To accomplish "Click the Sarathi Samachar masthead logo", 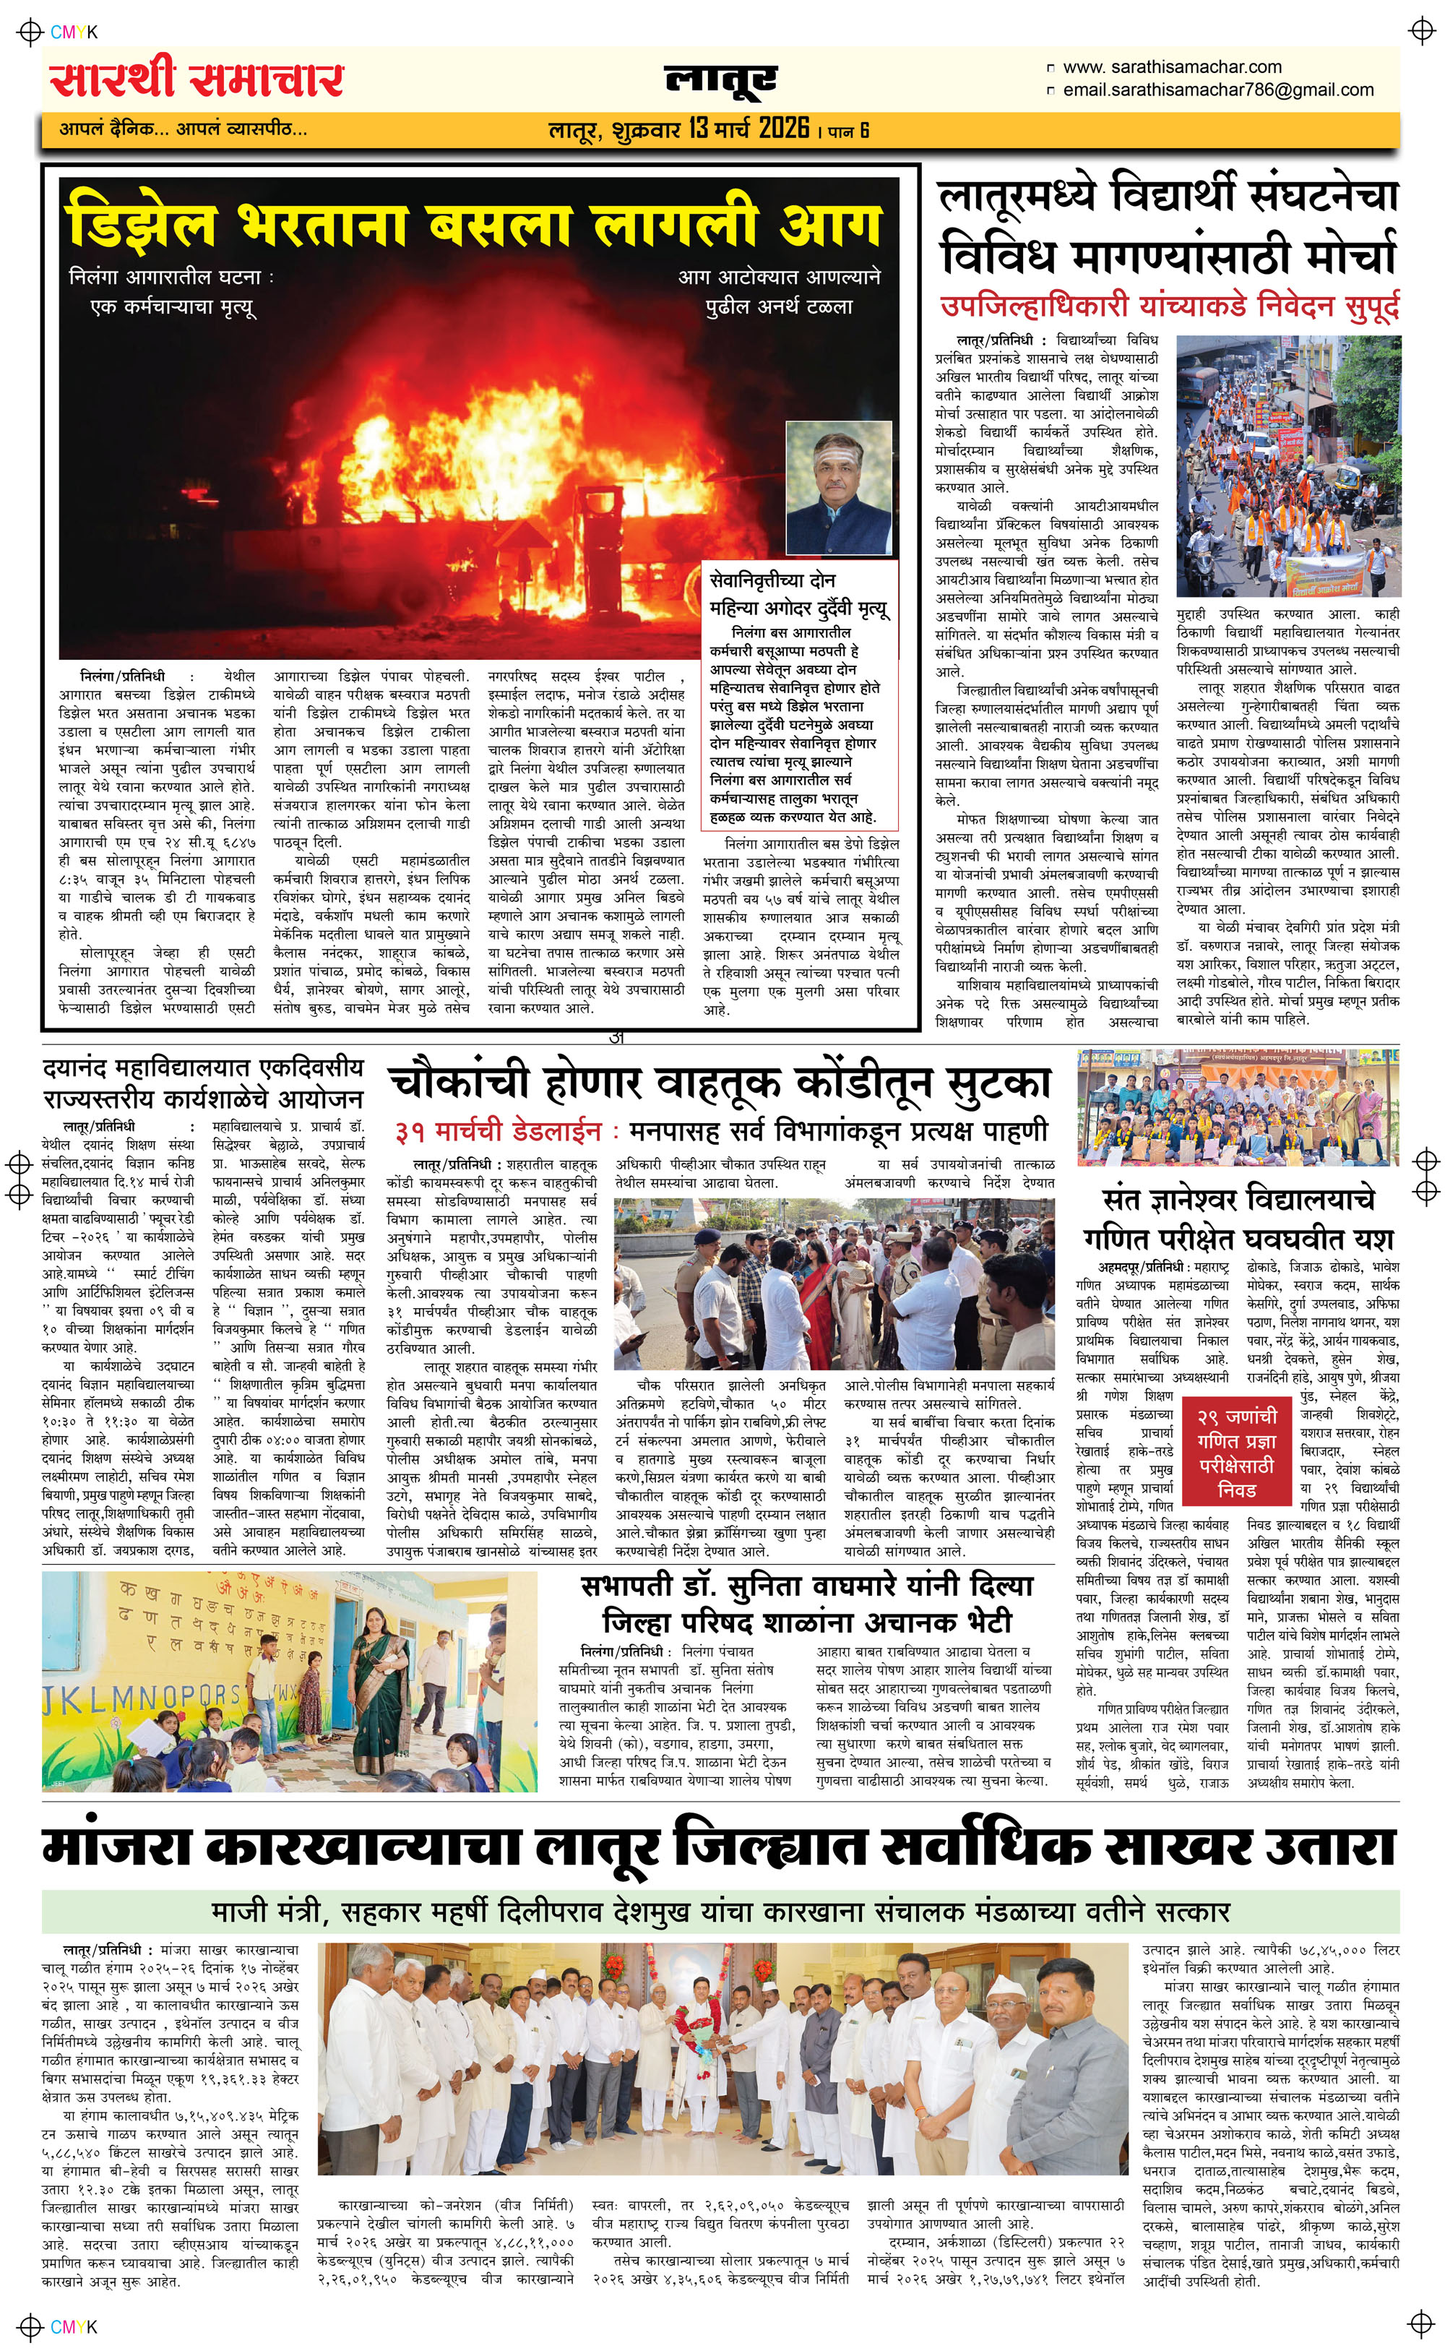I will click(x=197, y=78).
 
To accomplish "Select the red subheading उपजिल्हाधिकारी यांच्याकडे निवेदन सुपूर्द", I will click(x=1169, y=306).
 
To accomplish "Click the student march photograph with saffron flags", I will click(x=1287, y=465).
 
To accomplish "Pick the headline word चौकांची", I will click(x=459, y=1083).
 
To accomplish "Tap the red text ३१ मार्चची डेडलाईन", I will click(x=497, y=1132).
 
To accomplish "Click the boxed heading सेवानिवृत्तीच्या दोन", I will click(x=772, y=580).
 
